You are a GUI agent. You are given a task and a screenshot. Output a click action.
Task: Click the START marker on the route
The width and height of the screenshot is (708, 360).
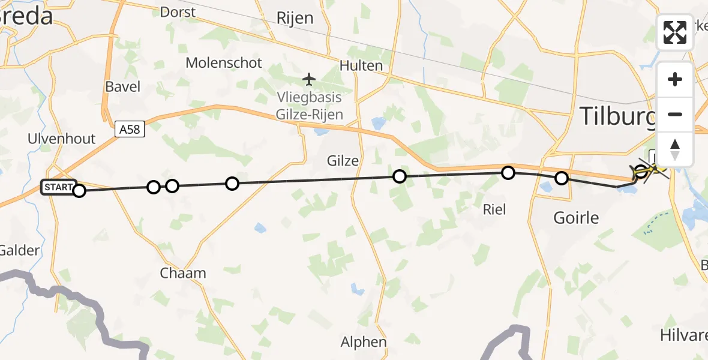(58, 187)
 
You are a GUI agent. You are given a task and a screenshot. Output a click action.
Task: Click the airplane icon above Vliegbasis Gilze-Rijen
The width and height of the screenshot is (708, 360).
(309, 79)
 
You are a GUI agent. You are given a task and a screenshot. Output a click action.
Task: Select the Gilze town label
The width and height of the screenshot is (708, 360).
(343, 161)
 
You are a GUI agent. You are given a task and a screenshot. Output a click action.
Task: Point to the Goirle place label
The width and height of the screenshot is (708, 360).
(576, 217)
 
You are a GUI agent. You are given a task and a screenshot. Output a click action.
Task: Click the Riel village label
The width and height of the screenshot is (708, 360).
(494, 209)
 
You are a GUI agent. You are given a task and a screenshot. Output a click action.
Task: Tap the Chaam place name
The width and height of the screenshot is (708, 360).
(183, 273)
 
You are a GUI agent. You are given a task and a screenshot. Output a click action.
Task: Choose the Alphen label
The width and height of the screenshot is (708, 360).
(364, 342)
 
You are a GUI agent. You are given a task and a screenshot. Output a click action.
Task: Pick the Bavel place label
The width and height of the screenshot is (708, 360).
(122, 86)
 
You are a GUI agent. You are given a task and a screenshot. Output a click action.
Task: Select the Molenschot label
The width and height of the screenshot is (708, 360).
(224, 62)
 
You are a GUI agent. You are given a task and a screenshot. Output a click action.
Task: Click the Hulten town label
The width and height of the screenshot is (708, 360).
(361, 65)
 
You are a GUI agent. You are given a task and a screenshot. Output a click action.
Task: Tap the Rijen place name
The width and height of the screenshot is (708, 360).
(295, 18)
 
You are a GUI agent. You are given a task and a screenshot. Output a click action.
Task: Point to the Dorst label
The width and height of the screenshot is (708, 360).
(179, 12)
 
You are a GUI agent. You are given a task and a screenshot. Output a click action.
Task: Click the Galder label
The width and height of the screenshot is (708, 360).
(20, 250)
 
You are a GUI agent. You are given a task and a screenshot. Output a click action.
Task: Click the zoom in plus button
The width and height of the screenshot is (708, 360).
(675, 79)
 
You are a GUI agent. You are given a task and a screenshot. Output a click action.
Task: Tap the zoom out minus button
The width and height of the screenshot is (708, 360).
(675, 114)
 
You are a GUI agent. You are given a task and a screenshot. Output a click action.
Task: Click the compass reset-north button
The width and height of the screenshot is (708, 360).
(675, 149)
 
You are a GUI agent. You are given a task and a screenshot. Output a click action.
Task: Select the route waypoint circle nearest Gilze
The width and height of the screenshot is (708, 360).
(399, 176)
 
